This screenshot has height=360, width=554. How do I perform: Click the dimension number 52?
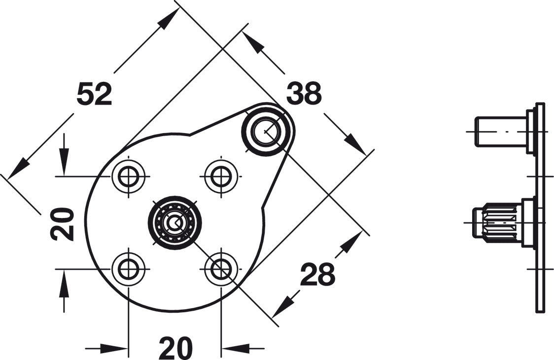pyautogui.click(x=94, y=94)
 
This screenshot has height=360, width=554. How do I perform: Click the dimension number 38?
pyautogui.click(x=304, y=93)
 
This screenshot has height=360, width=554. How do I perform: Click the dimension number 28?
pyautogui.click(x=317, y=274)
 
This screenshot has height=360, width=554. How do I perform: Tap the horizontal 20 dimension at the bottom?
pyautogui.click(x=175, y=348)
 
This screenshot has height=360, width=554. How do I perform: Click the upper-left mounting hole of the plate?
pyautogui.click(x=128, y=176)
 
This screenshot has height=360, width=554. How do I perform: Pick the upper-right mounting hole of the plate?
pyautogui.click(x=221, y=176)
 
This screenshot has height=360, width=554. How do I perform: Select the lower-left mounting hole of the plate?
pyautogui.click(x=128, y=269)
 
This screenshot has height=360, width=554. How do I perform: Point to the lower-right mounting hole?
pyautogui.click(x=221, y=269)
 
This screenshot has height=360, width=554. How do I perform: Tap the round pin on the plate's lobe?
pyautogui.click(x=267, y=130)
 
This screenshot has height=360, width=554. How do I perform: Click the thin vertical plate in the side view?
pyautogui.click(x=540, y=208)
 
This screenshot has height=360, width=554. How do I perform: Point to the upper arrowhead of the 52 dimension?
pyautogui.click(x=169, y=18)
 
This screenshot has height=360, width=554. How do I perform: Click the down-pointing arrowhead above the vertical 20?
pyautogui.click(x=64, y=163)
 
